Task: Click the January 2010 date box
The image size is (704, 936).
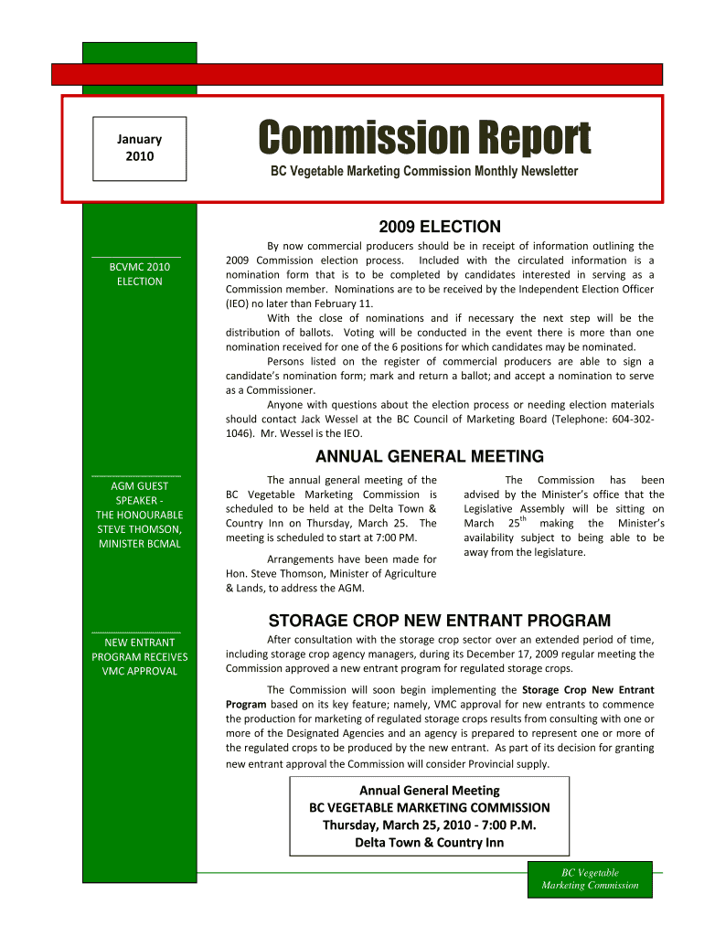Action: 139,147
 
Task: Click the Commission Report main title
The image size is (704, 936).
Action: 423,140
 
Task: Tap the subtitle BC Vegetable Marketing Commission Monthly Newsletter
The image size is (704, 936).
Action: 422,172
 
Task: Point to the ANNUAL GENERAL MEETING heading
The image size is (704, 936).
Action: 429,456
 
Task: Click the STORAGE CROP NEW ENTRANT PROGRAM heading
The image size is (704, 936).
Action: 439,621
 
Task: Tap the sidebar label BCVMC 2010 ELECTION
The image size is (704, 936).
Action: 140,274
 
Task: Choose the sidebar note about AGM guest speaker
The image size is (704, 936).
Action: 140,515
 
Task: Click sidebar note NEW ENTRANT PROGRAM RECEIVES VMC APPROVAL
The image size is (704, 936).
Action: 140,656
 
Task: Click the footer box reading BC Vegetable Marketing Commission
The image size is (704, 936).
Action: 590,878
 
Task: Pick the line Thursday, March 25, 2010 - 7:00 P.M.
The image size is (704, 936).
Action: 429,824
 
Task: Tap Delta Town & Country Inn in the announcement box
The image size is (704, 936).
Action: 429,842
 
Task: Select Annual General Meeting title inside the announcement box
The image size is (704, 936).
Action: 429,790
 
